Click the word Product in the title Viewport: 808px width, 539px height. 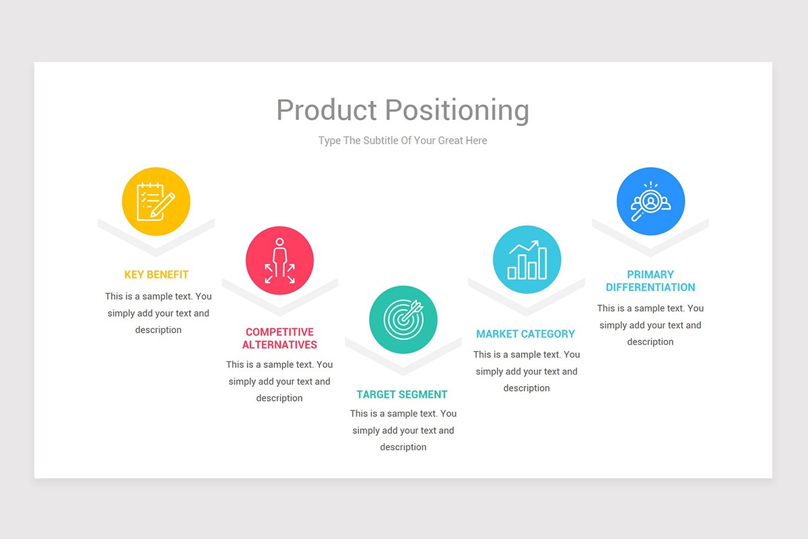tap(326, 110)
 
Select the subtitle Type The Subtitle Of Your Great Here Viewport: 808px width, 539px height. tap(403, 141)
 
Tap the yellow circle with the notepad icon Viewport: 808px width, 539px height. tap(156, 201)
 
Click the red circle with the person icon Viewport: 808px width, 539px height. tap(279, 260)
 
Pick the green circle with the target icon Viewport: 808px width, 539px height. tap(403, 319)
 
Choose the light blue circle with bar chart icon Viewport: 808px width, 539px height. tap(527, 259)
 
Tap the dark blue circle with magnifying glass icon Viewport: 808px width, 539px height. tap(650, 201)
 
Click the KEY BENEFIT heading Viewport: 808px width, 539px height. tap(156, 275)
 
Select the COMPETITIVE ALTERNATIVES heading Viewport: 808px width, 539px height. tap(279, 338)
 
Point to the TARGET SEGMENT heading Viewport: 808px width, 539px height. tap(402, 395)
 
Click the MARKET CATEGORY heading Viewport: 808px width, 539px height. tap(525, 334)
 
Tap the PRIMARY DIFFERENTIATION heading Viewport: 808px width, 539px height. tap(650, 281)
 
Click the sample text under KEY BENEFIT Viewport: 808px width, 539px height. tap(158, 313)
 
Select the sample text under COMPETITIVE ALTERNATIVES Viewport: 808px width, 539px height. tap(279, 381)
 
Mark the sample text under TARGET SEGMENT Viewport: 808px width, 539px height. tap(403, 431)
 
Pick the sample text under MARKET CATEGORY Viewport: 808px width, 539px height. tap(527, 371)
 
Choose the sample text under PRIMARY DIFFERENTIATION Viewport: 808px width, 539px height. tap(650, 325)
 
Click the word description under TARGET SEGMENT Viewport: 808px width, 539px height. tap(403, 447)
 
